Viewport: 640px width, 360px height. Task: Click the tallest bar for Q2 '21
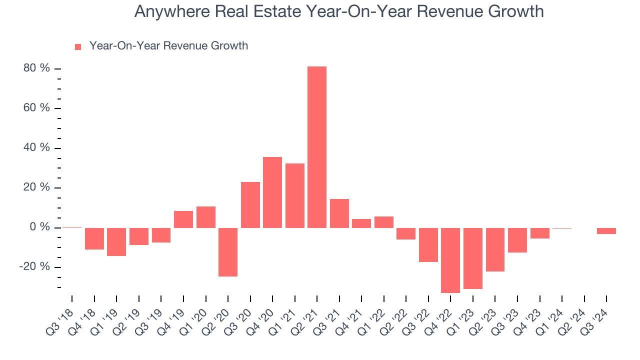tap(317, 147)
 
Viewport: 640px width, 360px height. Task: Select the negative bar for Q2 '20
tap(228, 252)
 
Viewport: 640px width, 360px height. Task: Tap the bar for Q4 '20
tap(272, 192)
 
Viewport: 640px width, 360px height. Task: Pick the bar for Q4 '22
tap(450, 260)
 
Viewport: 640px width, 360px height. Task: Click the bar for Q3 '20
tap(250, 205)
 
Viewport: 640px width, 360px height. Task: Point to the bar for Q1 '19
tap(116, 242)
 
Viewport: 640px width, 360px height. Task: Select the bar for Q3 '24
tap(606, 231)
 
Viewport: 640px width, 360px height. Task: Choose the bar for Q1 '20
tap(205, 217)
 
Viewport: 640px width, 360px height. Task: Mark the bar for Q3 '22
tap(428, 245)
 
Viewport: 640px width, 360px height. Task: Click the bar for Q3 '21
tap(339, 213)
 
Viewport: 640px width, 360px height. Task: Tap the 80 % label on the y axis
tap(36, 68)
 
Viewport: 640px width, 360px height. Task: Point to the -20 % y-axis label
tap(34, 267)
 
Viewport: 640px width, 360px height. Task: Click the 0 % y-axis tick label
tap(39, 227)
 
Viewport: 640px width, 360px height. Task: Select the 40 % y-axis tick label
tap(36, 148)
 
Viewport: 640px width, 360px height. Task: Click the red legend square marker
tap(78, 47)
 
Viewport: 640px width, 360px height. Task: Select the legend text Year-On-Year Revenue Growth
tap(168, 46)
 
